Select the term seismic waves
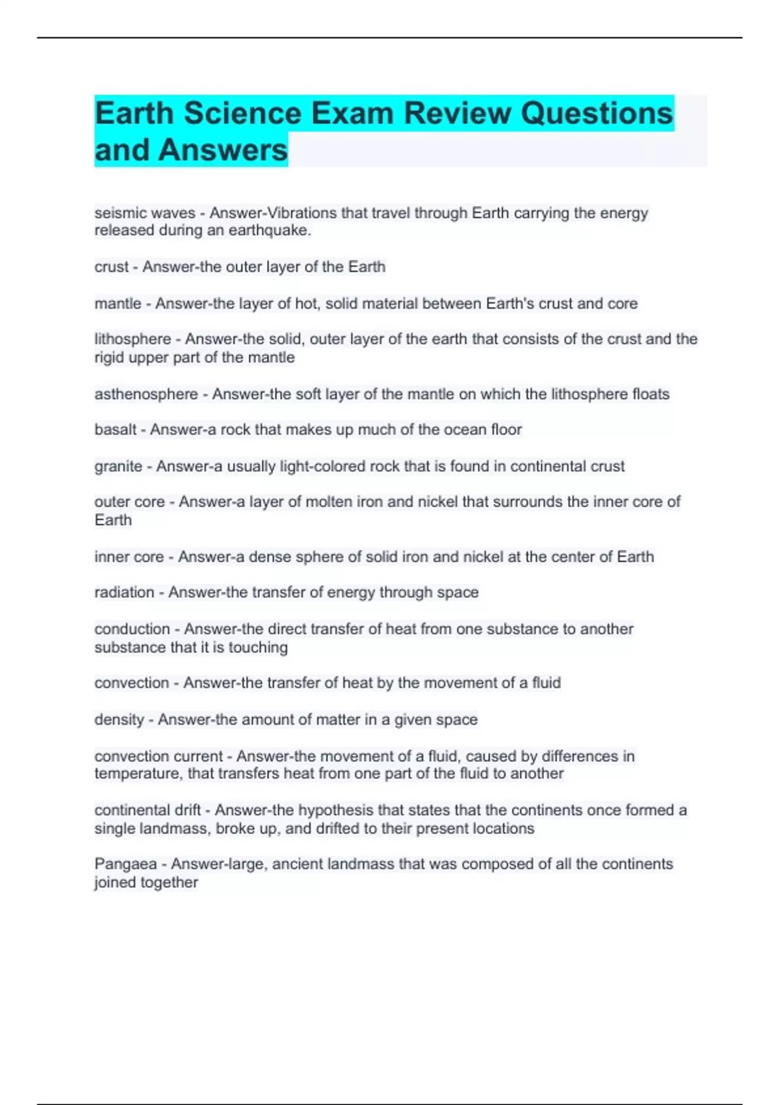coord(144,213)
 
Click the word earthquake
coord(269,231)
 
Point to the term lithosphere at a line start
coord(133,339)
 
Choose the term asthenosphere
coord(146,394)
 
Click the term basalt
coord(116,430)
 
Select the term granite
coord(118,466)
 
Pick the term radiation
coord(124,592)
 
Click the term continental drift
coord(148,810)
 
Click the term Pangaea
coord(125,864)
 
